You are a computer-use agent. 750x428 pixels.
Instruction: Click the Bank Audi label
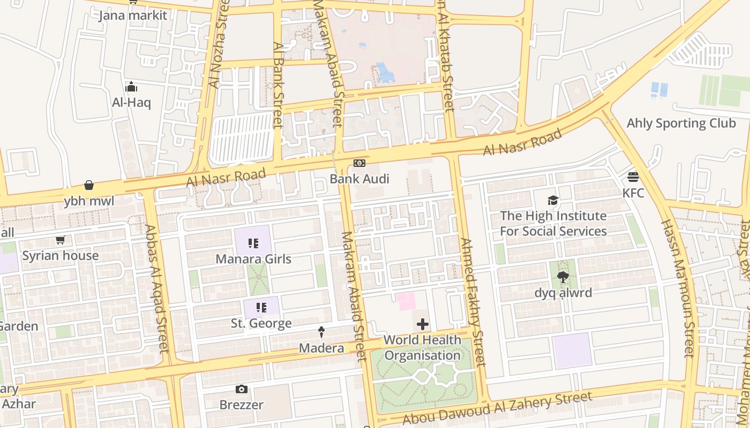tap(359, 179)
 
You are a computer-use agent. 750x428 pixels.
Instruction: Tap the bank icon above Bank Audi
tap(359, 163)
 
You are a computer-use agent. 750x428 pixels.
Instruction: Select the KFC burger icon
tap(633, 177)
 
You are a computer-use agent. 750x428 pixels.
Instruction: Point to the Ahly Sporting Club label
tap(681, 123)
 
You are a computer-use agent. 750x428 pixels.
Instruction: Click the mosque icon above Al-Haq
tap(131, 87)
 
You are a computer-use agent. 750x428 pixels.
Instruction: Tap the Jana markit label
tap(133, 15)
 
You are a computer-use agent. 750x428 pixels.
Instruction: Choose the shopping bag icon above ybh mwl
tap(89, 186)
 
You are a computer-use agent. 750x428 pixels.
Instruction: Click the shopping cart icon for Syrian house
tap(61, 240)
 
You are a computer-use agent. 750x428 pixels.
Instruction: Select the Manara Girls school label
tap(253, 259)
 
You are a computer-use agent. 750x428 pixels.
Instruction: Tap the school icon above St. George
tap(261, 308)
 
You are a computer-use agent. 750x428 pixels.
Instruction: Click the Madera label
tap(321, 348)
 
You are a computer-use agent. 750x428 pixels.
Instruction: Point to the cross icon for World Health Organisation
tap(423, 324)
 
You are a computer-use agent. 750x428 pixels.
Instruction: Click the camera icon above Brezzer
tap(242, 389)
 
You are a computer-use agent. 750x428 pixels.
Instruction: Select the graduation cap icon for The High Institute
tap(553, 201)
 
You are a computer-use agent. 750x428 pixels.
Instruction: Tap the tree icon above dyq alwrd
tap(562, 277)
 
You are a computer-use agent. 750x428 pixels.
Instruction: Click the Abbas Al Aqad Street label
tap(157, 289)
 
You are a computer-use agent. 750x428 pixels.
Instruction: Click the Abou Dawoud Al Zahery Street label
tap(497, 408)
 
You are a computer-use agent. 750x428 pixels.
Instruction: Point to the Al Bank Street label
tap(277, 86)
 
